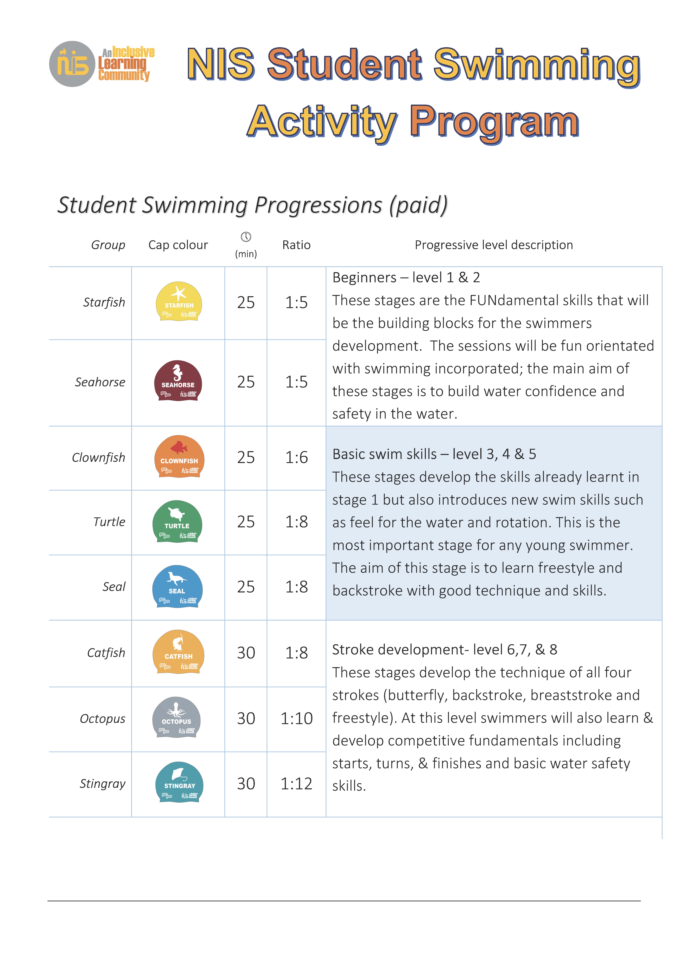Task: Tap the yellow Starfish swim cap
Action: click(179, 302)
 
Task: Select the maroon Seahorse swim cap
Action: click(178, 381)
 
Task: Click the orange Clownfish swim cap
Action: click(179, 457)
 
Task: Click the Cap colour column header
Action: click(178, 245)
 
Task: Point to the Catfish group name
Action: click(106, 653)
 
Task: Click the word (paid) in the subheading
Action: click(419, 205)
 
